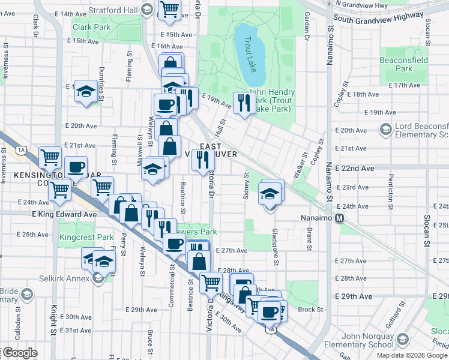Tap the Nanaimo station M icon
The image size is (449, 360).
click(x=339, y=218)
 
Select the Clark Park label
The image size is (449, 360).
click(x=91, y=27)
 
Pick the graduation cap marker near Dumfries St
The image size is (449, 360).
click(x=86, y=91)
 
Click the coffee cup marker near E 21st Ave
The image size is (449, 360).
click(x=76, y=167)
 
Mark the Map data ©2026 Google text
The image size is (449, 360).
click(x=412, y=355)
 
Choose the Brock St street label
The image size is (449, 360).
click(x=310, y=310)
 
